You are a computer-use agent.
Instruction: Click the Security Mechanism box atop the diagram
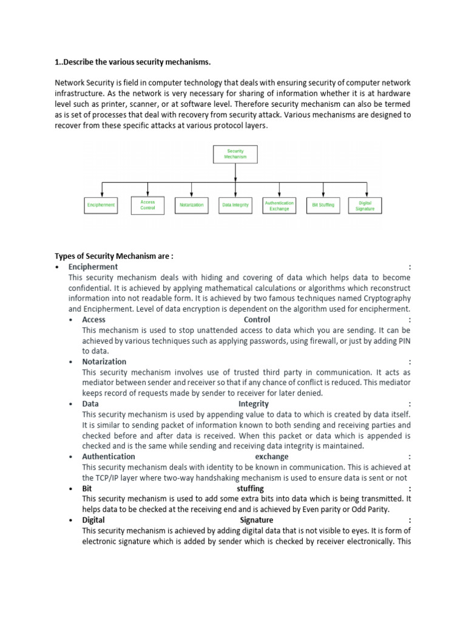(235, 154)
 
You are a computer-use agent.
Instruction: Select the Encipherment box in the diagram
(100, 205)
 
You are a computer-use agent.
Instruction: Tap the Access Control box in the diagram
(147, 205)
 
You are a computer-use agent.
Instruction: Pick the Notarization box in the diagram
(192, 205)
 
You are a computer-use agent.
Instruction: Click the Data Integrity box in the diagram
(235, 205)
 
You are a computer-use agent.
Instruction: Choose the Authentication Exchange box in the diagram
(279, 205)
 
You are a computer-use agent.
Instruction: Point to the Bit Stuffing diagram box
(323, 205)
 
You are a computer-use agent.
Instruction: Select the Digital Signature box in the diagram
(365, 205)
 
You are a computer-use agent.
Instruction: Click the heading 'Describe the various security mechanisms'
(137, 61)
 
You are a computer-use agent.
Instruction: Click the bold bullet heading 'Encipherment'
(93, 267)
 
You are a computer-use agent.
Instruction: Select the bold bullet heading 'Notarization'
(104, 361)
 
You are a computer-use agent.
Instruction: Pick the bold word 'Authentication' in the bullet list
(109, 456)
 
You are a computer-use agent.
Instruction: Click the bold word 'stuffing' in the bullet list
(250, 488)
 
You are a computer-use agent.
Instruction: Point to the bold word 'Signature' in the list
(257, 520)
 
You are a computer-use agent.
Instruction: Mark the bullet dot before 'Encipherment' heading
(56, 267)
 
